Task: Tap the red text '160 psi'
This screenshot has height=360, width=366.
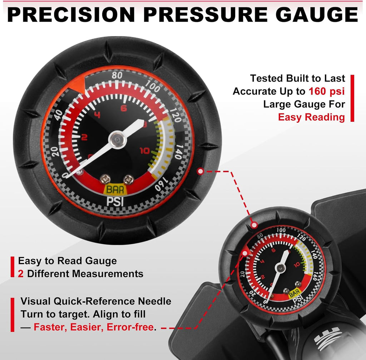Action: (x=327, y=91)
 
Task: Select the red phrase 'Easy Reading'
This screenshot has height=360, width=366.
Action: (x=311, y=117)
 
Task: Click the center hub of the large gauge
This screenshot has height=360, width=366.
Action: (x=117, y=140)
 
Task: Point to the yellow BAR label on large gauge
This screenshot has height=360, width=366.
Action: (x=115, y=190)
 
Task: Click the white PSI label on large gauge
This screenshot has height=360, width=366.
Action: (x=115, y=201)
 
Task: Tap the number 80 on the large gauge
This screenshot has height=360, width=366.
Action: (x=117, y=76)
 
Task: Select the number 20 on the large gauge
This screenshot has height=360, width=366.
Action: (x=55, y=152)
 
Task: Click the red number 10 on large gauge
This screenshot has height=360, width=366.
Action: (x=144, y=151)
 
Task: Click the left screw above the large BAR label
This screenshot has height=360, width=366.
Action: (x=105, y=179)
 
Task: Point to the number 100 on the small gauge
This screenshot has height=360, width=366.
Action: (x=281, y=230)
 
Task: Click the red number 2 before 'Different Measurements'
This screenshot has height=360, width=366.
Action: (x=20, y=274)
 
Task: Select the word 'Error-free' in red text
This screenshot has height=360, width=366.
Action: (x=130, y=327)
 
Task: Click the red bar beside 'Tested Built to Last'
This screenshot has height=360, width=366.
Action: (x=352, y=98)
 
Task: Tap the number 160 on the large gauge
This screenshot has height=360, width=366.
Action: (x=161, y=184)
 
